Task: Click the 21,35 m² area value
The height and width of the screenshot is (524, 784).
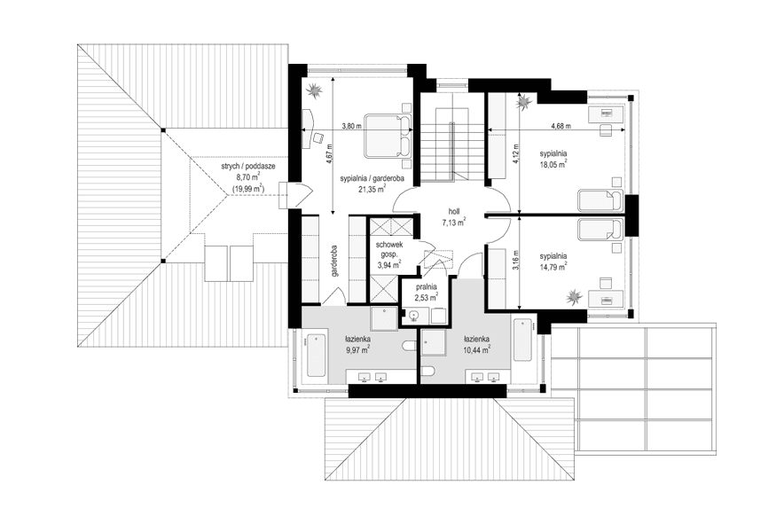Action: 372,189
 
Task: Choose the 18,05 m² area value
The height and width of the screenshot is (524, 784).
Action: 553,163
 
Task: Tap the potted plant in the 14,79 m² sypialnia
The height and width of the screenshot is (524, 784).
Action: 576,295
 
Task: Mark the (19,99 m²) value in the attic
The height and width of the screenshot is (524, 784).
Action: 247,189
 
